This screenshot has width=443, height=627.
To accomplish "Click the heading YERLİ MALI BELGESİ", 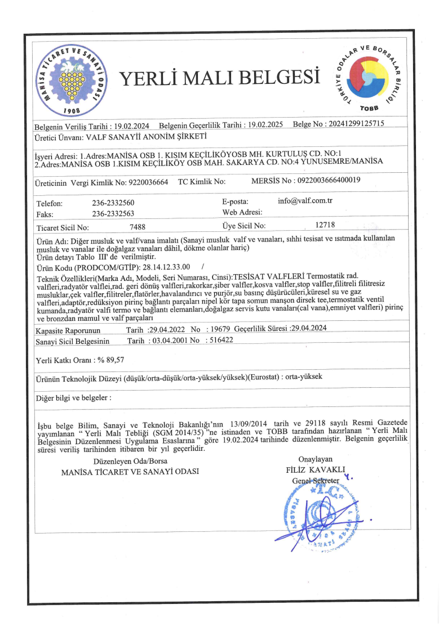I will click(x=220, y=77).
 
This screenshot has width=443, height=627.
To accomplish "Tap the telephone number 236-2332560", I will click(x=113, y=203).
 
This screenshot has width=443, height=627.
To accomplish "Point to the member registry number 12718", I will click(x=326, y=225).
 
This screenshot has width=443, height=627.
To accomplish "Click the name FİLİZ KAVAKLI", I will click(x=315, y=469).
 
